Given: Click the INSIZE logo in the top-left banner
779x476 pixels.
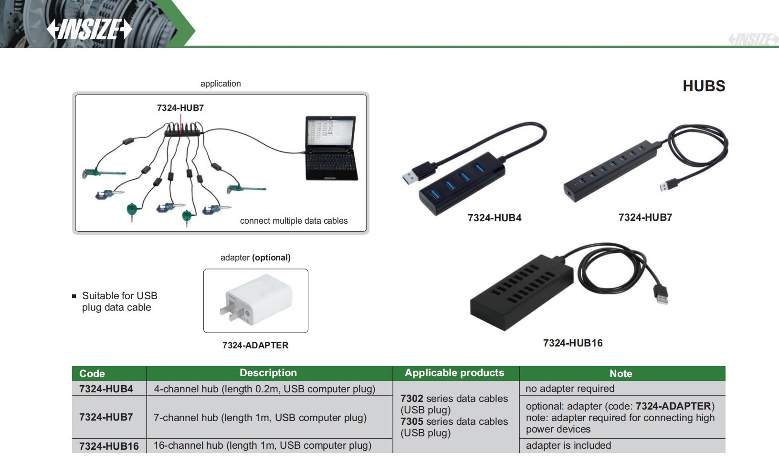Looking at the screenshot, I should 89,29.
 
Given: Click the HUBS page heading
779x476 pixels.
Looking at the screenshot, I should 704,86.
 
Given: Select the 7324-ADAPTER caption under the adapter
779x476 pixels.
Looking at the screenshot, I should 255,345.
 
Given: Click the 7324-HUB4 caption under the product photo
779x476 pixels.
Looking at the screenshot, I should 495,218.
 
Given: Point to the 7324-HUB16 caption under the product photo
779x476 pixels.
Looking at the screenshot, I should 573,343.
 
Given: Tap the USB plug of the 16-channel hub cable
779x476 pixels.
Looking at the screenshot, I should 662,292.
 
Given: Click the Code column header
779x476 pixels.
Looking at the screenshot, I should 92,373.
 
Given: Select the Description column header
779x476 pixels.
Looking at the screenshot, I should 268,373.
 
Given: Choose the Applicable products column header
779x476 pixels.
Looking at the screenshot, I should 454,373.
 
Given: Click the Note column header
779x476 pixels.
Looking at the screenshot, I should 621,373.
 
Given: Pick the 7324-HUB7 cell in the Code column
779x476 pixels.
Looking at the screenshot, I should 106,417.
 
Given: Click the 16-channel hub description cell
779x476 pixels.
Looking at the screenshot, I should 262,445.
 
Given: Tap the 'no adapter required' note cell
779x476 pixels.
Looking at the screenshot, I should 570,389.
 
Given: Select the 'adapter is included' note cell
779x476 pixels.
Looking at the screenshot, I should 568,445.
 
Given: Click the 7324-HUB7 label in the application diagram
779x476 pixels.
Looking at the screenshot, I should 180,108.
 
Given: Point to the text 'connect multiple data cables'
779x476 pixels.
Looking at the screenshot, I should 294,221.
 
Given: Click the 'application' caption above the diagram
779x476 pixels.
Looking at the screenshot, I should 221,84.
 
